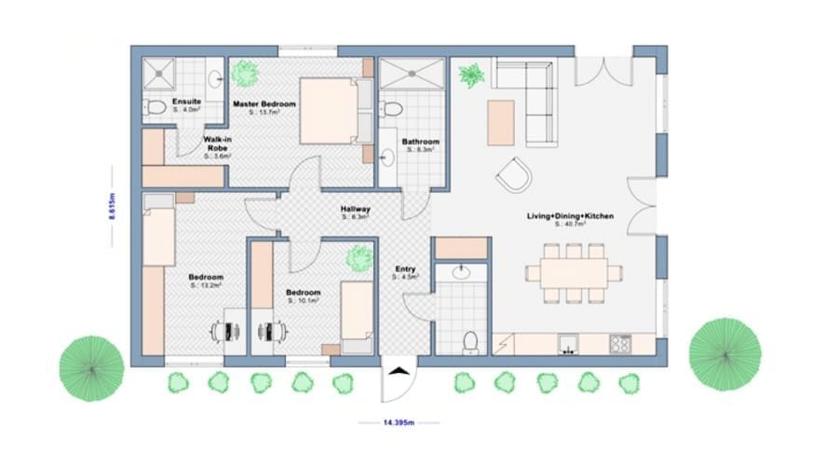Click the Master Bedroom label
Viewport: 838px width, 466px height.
click(264, 104)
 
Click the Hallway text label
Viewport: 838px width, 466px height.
click(355, 211)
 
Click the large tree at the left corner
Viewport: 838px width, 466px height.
click(90, 368)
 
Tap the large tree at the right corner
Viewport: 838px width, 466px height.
click(724, 353)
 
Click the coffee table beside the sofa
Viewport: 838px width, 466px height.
click(501, 121)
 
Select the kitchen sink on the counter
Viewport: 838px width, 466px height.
click(567, 345)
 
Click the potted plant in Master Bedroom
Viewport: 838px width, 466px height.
click(246, 73)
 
